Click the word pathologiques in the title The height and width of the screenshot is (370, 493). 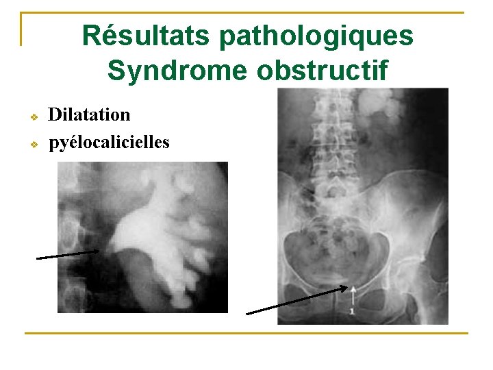[316, 36]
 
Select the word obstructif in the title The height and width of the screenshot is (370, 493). [323, 70]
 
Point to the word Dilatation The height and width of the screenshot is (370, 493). [89, 114]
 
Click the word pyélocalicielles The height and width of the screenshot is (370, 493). [109, 143]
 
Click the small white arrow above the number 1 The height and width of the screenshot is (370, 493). [353, 296]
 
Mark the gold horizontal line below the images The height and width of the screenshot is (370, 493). [246, 334]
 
